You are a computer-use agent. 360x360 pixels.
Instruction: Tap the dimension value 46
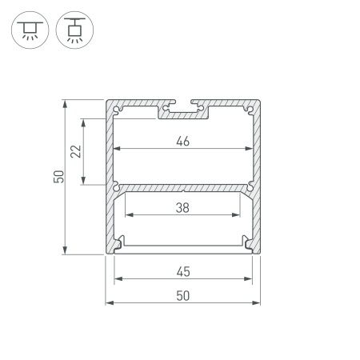pyautogui.click(x=183, y=142)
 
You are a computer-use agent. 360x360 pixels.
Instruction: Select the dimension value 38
pyautogui.click(x=183, y=206)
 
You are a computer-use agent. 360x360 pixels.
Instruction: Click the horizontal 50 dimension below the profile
pyautogui.click(x=183, y=295)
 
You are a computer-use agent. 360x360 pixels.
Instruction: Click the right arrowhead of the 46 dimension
pyautogui.click(x=250, y=150)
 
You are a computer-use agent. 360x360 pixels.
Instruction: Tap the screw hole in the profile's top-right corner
pyautogui.click(x=250, y=107)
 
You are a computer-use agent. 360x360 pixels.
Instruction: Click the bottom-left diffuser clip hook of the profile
pyautogui.click(x=119, y=242)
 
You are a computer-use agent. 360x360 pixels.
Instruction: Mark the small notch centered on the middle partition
pyautogui.click(x=184, y=191)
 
